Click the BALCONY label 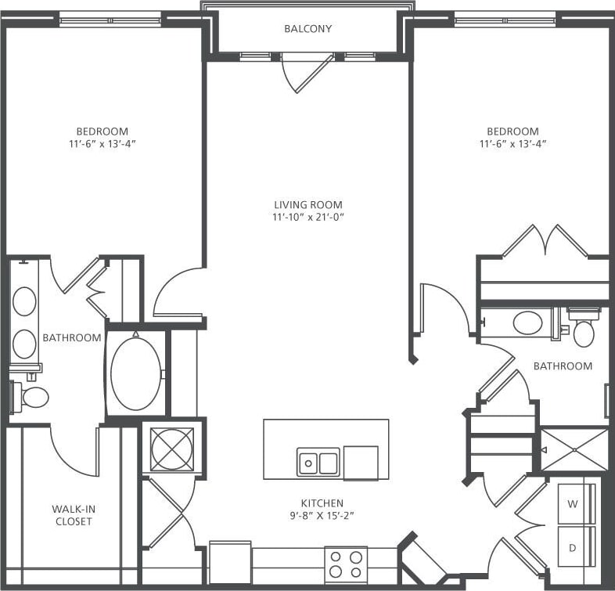307,29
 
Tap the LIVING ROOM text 307,204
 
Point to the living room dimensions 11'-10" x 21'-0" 307,217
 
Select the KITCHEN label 322,503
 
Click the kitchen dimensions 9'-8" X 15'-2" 322,516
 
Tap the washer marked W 574,504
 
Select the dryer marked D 574,548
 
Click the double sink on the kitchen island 318,462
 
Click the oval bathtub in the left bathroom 136,374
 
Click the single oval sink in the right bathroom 527,323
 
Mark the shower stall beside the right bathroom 574,450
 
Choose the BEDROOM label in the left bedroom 102,131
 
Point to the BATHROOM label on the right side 563,366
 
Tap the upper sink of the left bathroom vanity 25,301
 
